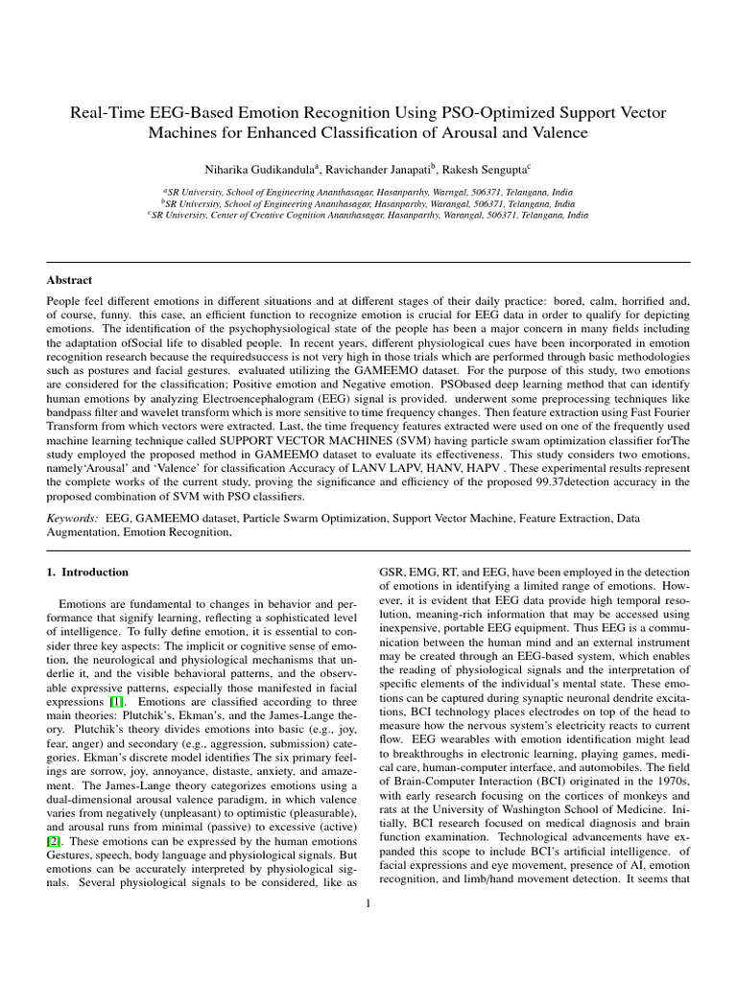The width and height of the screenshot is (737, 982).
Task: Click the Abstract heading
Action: click(x=70, y=280)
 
